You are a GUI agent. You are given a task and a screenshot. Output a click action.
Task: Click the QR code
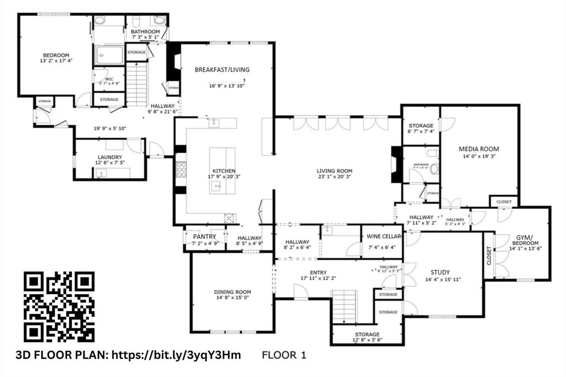(59, 307)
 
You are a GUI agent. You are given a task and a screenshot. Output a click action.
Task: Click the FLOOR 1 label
(284, 355)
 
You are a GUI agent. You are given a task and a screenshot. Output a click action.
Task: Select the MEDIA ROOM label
(479, 149)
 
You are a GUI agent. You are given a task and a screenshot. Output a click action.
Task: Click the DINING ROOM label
(232, 292)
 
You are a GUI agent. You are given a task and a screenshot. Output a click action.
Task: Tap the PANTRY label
(204, 237)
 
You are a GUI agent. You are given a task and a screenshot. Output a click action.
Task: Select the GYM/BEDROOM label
(525, 239)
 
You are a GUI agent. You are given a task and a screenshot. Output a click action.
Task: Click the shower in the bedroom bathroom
(109, 55)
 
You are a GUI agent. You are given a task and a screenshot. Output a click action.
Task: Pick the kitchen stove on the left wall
(181, 169)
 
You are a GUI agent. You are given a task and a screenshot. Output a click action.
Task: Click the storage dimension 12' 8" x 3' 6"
(367, 341)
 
